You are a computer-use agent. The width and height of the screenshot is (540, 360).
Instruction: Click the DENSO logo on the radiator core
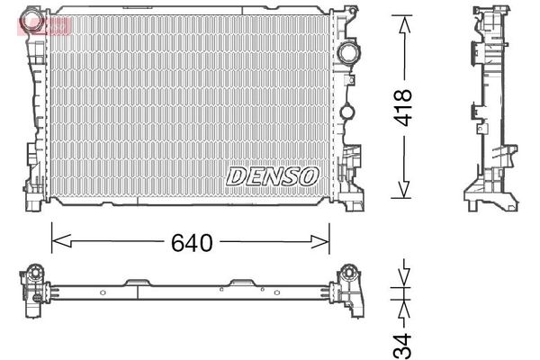272,175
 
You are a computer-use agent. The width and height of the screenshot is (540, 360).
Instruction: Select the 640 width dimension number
190,242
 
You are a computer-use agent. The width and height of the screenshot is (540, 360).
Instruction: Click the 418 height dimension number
402,107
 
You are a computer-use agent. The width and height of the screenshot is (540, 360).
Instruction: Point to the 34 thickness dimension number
403,341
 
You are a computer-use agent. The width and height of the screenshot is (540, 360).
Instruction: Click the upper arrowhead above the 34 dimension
403,271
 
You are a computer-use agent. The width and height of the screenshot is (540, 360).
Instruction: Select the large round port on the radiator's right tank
347,53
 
